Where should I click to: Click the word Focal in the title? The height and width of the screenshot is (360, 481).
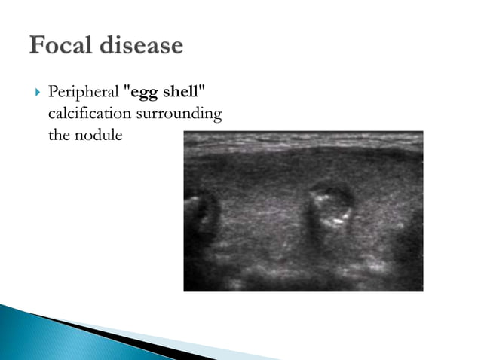point(60,46)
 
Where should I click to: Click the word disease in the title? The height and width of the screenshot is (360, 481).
point(140,46)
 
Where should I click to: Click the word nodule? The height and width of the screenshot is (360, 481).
point(98,136)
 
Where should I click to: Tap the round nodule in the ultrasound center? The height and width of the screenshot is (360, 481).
point(331,206)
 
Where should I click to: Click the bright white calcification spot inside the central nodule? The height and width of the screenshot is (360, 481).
point(337,221)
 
